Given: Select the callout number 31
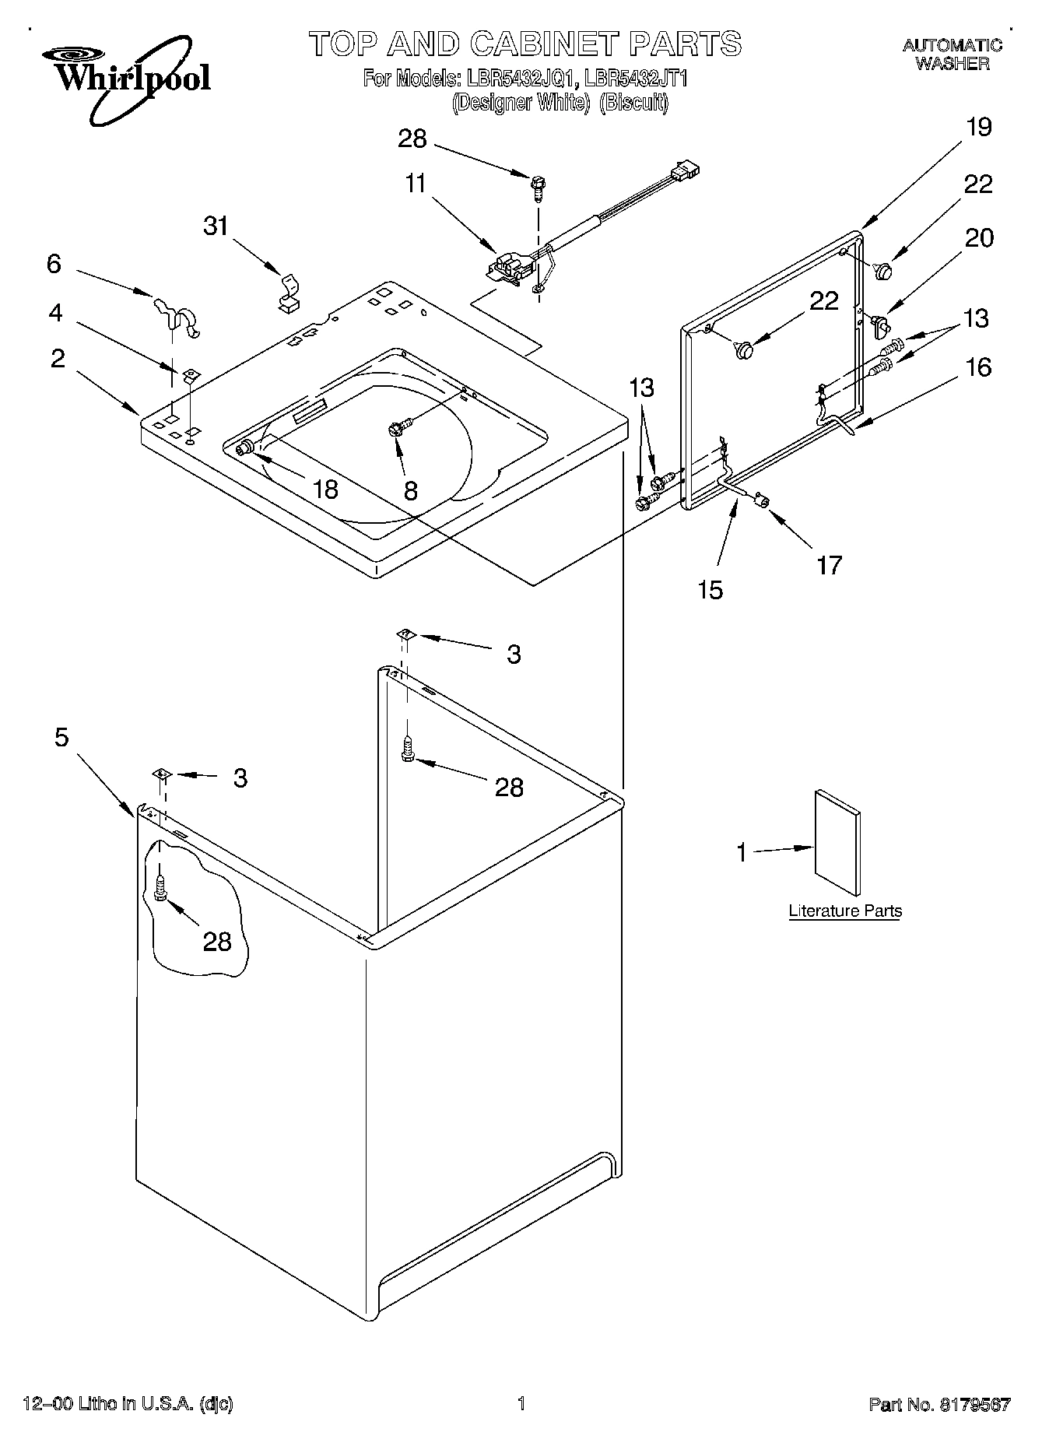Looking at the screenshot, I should click(216, 226).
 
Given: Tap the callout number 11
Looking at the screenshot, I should click(416, 184).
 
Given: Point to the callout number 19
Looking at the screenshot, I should click(979, 127).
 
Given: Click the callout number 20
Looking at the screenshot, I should click(979, 237).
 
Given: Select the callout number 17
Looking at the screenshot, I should click(830, 564).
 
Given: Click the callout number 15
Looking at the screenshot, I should click(710, 589).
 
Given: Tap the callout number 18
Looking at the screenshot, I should click(325, 489).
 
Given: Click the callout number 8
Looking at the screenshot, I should click(410, 490).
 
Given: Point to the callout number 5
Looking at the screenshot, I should click(61, 736).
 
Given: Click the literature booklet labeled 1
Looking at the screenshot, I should click(837, 844).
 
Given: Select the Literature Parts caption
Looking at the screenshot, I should click(845, 911).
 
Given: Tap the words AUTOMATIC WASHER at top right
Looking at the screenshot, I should click(953, 54).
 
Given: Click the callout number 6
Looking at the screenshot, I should click(53, 264).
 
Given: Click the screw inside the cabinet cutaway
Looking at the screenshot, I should click(160, 887).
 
